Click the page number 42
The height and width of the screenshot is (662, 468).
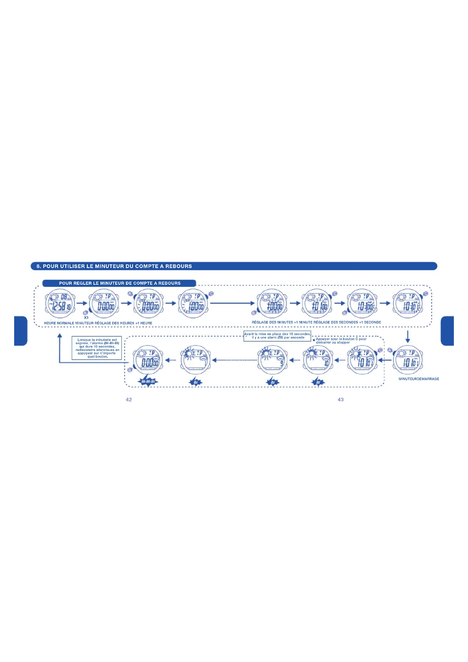tap(129, 399)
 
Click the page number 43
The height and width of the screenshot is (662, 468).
tap(341, 399)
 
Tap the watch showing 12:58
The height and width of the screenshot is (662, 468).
tap(60, 304)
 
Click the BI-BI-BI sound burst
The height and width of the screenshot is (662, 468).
tap(148, 382)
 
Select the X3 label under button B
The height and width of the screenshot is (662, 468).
tap(86, 318)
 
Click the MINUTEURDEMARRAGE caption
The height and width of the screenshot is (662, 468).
tap(419, 379)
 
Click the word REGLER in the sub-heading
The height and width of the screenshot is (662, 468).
tap(82, 283)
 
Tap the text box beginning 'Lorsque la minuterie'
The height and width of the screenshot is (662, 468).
tap(97, 348)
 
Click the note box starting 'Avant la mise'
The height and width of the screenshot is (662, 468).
tap(277, 336)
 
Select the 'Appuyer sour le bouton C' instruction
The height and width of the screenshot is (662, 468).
tap(341, 340)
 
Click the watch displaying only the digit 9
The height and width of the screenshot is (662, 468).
tap(272, 360)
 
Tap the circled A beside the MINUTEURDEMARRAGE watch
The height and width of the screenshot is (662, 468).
tap(390, 350)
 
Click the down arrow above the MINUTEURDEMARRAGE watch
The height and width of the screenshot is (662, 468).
tap(407, 337)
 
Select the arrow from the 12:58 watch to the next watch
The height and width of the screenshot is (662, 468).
tap(82, 303)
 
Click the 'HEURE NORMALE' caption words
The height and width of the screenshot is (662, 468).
tap(59, 323)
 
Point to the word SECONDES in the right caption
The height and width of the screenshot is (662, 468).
tap(349, 322)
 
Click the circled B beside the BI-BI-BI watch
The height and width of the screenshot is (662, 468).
tap(130, 370)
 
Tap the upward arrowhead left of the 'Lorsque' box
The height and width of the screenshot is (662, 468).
tap(60, 335)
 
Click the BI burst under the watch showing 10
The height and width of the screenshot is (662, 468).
tap(318, 382)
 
